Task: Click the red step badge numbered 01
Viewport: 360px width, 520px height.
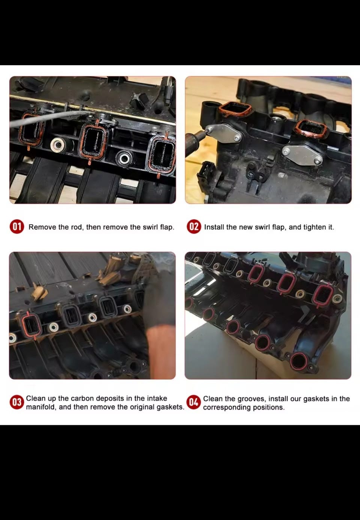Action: pos(17,226)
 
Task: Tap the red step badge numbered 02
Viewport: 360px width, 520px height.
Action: pos(194,226)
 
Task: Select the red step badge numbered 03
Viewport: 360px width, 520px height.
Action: pos(17,402)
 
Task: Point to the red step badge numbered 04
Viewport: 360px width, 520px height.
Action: pos(194,402)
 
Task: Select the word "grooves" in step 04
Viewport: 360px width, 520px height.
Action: pos(252,399)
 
